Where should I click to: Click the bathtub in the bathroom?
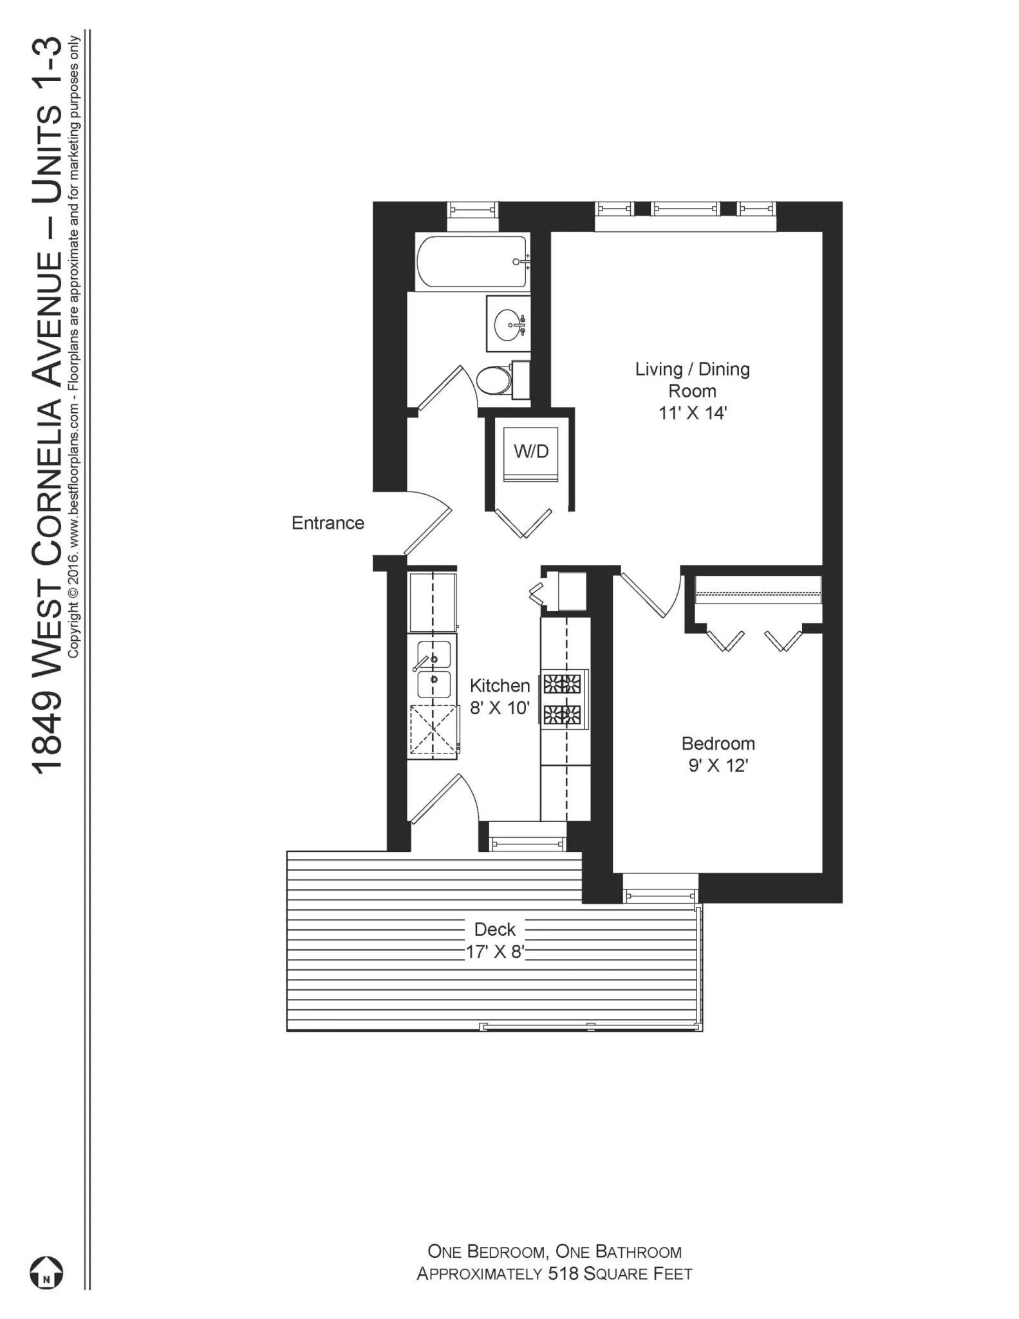tap(472, 262)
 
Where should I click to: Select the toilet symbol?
tap(493, 381)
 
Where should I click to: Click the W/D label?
tap(531, 451)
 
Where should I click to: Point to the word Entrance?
tap(328, 523)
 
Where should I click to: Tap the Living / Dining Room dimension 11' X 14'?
tap(692, 413)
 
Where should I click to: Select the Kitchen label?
tap(500, 685)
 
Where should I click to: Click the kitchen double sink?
tap(433, 670)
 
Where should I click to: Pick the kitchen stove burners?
tap(563, 699)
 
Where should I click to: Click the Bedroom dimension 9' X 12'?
tap(718, 766)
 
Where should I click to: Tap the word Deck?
tap(494, 929)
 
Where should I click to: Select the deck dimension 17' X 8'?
tap(494, 952)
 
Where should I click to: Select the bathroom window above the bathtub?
tap(472, 209)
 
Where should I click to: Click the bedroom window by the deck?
tap(660, 894)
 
